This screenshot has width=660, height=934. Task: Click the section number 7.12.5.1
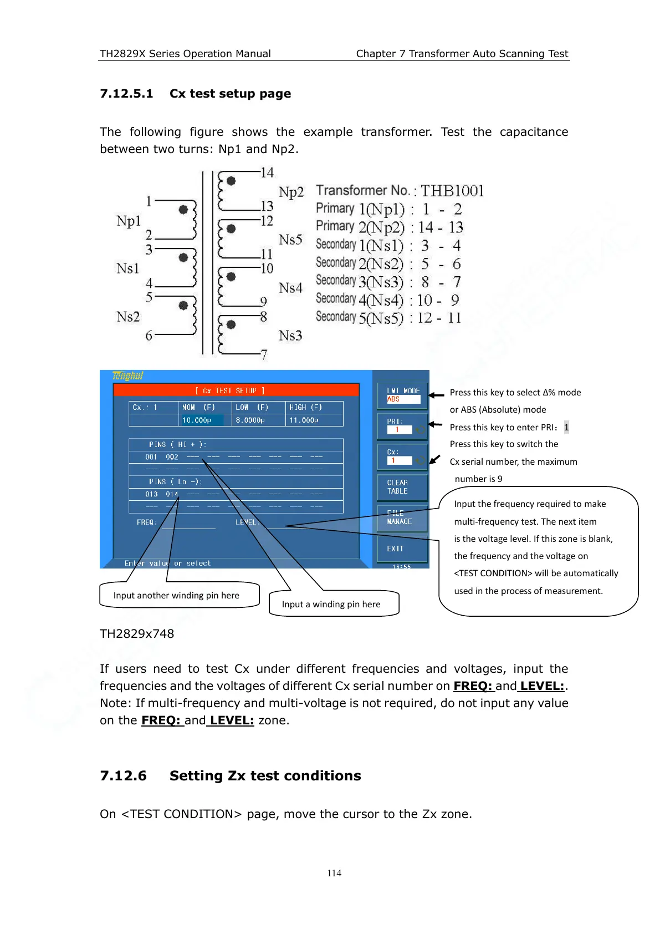126,94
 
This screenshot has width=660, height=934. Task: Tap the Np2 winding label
291,192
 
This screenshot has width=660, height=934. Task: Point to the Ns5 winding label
290,240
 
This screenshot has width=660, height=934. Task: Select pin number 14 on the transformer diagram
267,172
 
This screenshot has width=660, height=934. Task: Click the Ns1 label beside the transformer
128,268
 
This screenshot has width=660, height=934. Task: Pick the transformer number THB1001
452,191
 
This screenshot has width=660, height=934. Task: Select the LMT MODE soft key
403,394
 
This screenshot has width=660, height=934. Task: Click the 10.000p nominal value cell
197,420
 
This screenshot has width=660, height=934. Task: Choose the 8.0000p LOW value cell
250,420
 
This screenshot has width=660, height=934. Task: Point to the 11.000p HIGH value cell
304,420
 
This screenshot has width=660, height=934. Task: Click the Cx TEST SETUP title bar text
230,390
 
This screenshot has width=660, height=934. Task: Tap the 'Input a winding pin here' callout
331,604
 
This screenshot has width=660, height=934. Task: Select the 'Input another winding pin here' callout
176,595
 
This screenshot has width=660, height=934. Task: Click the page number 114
334,873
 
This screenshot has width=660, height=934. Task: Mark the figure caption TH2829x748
137,633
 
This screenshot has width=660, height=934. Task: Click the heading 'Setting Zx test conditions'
265,775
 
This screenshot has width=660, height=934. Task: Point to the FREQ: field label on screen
147,522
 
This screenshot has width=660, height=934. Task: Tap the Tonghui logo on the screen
127,376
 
